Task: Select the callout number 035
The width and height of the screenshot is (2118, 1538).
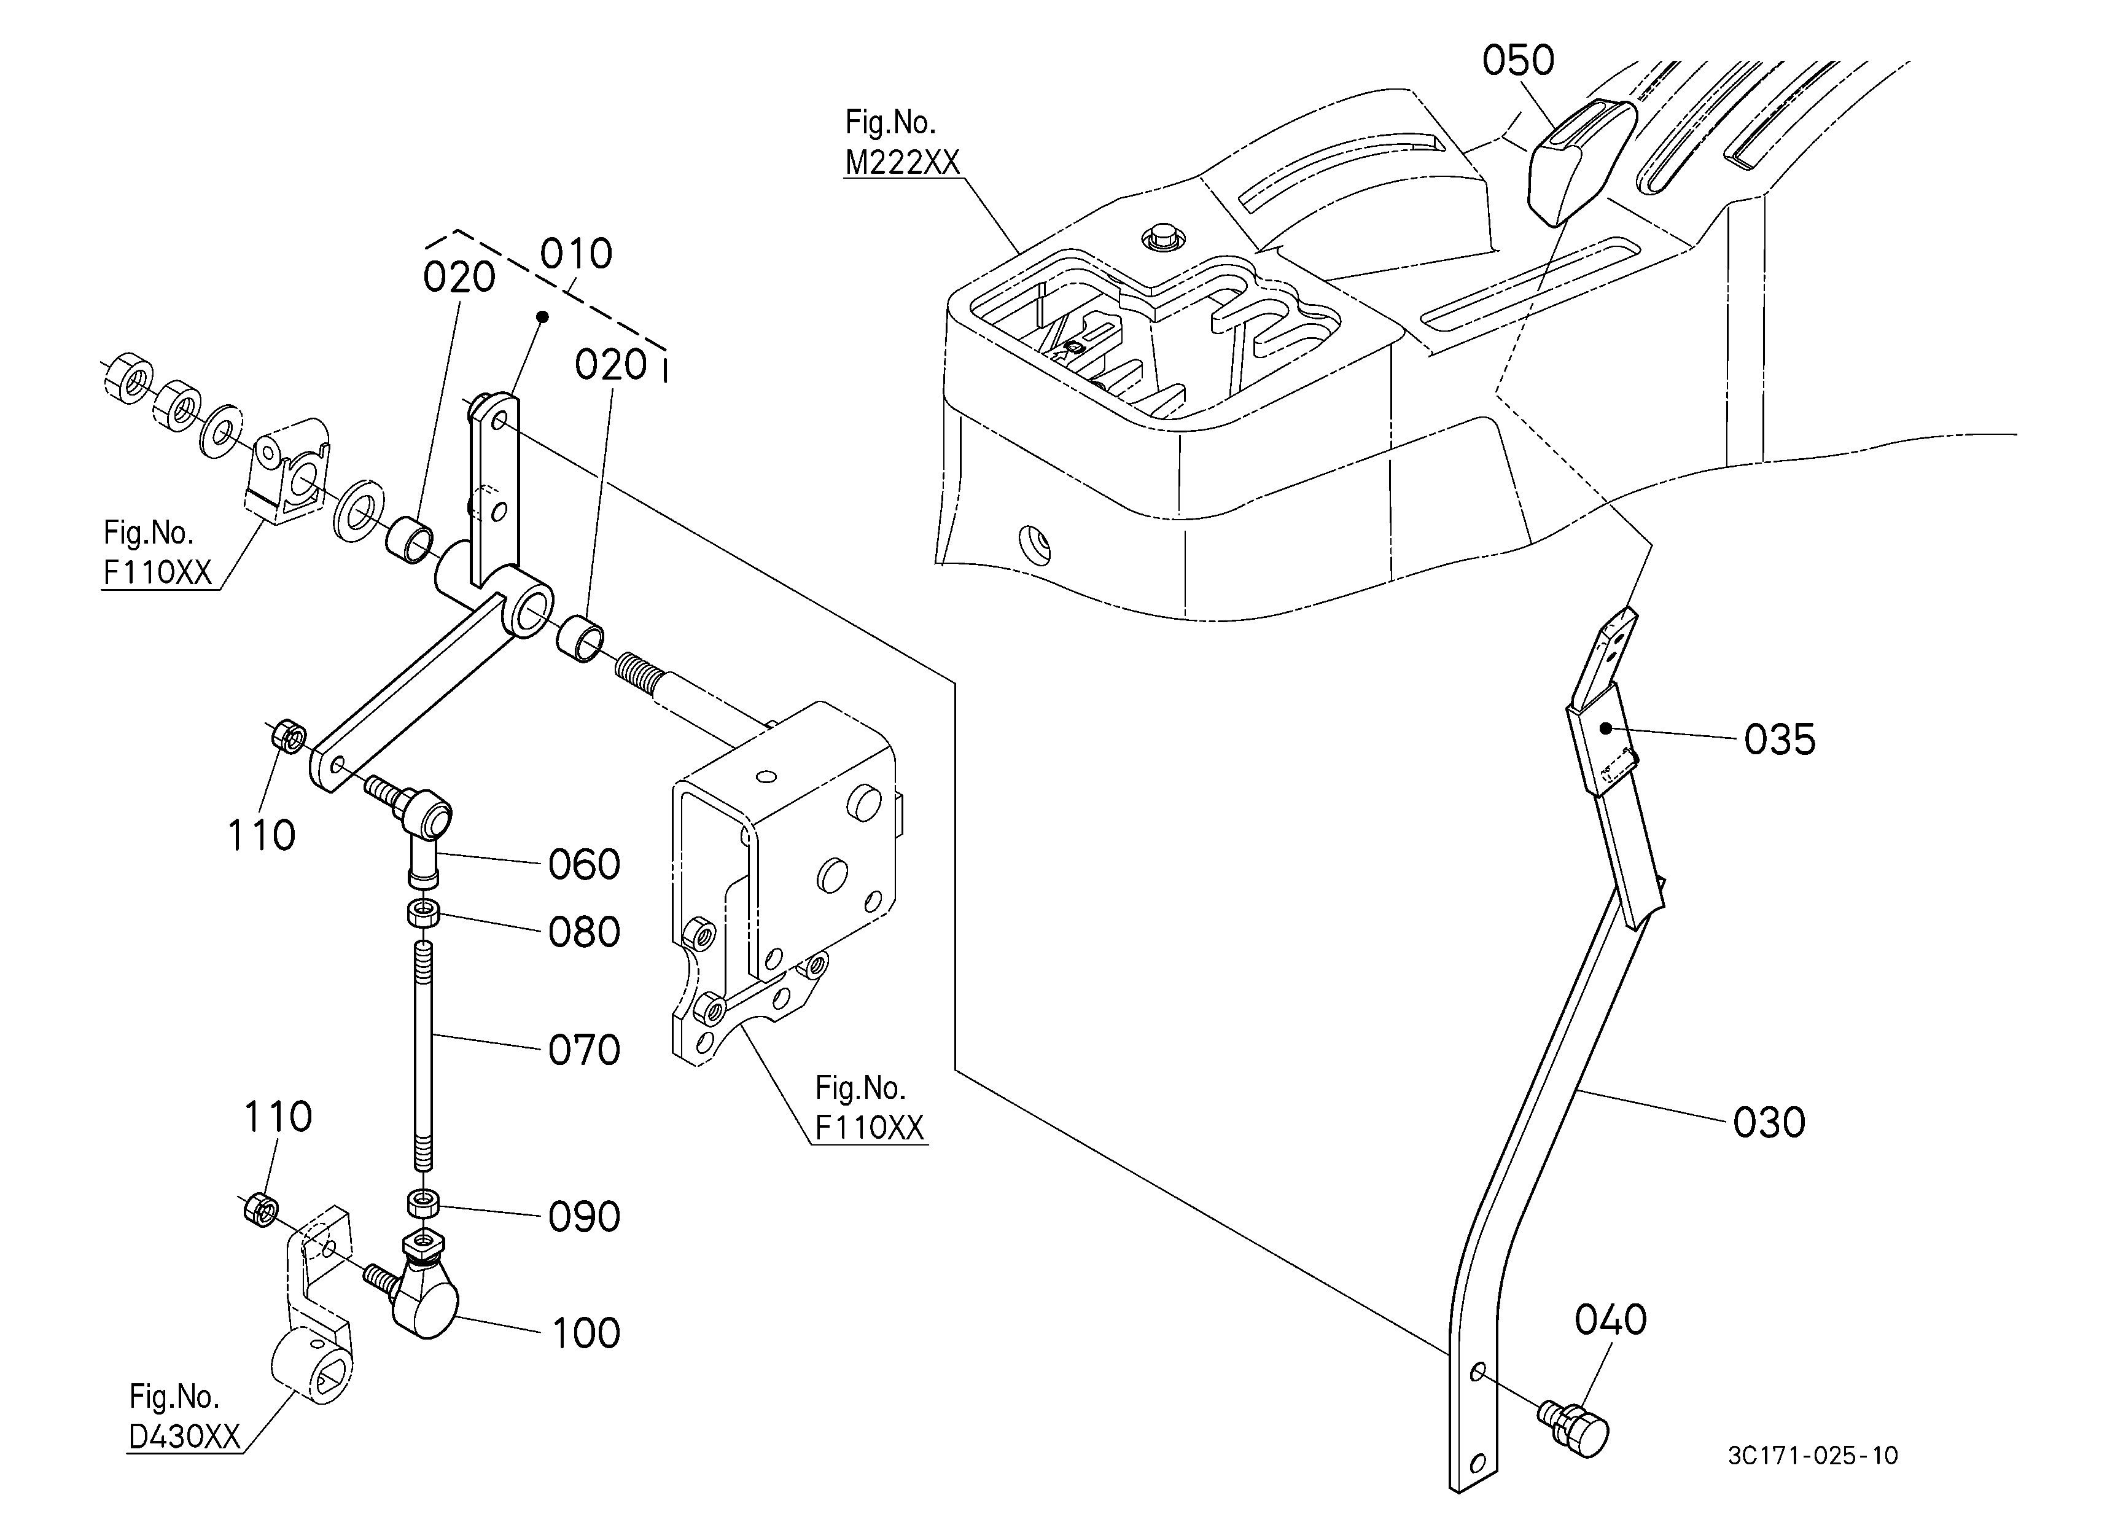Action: [1779, 740]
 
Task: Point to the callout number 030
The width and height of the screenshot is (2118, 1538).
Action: [1769, 1122]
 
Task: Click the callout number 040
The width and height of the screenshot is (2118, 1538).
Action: [1610, 1321]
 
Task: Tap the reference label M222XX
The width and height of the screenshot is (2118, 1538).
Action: [902, 163]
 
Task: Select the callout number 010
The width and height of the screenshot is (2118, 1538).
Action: [576, 254]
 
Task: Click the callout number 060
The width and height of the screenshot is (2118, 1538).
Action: [583, 865]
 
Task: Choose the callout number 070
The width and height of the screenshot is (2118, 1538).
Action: [583, 1050]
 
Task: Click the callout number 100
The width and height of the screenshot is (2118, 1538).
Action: [585, 1333]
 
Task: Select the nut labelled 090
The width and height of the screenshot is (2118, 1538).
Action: [424, 1204]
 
